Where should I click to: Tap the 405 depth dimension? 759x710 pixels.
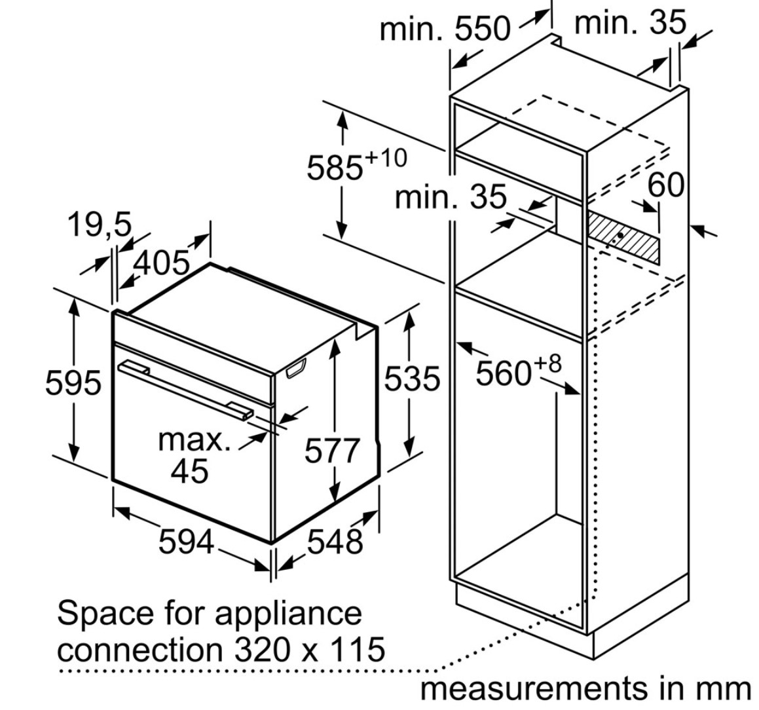point(161,263)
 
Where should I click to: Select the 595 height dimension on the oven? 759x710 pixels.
point(73,382)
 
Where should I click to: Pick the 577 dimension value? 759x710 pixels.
point(332,451)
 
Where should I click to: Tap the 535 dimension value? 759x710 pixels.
point(412,378)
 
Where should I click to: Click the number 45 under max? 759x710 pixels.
point(189,470)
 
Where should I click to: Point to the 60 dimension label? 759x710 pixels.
point(665,185)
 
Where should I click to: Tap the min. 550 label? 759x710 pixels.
point(445,28)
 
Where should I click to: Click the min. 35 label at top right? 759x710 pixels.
point(630,22)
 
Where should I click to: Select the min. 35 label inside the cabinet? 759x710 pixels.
point(451,197)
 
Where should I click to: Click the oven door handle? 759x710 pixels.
point(185,386)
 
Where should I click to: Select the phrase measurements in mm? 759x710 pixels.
point(585,688)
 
